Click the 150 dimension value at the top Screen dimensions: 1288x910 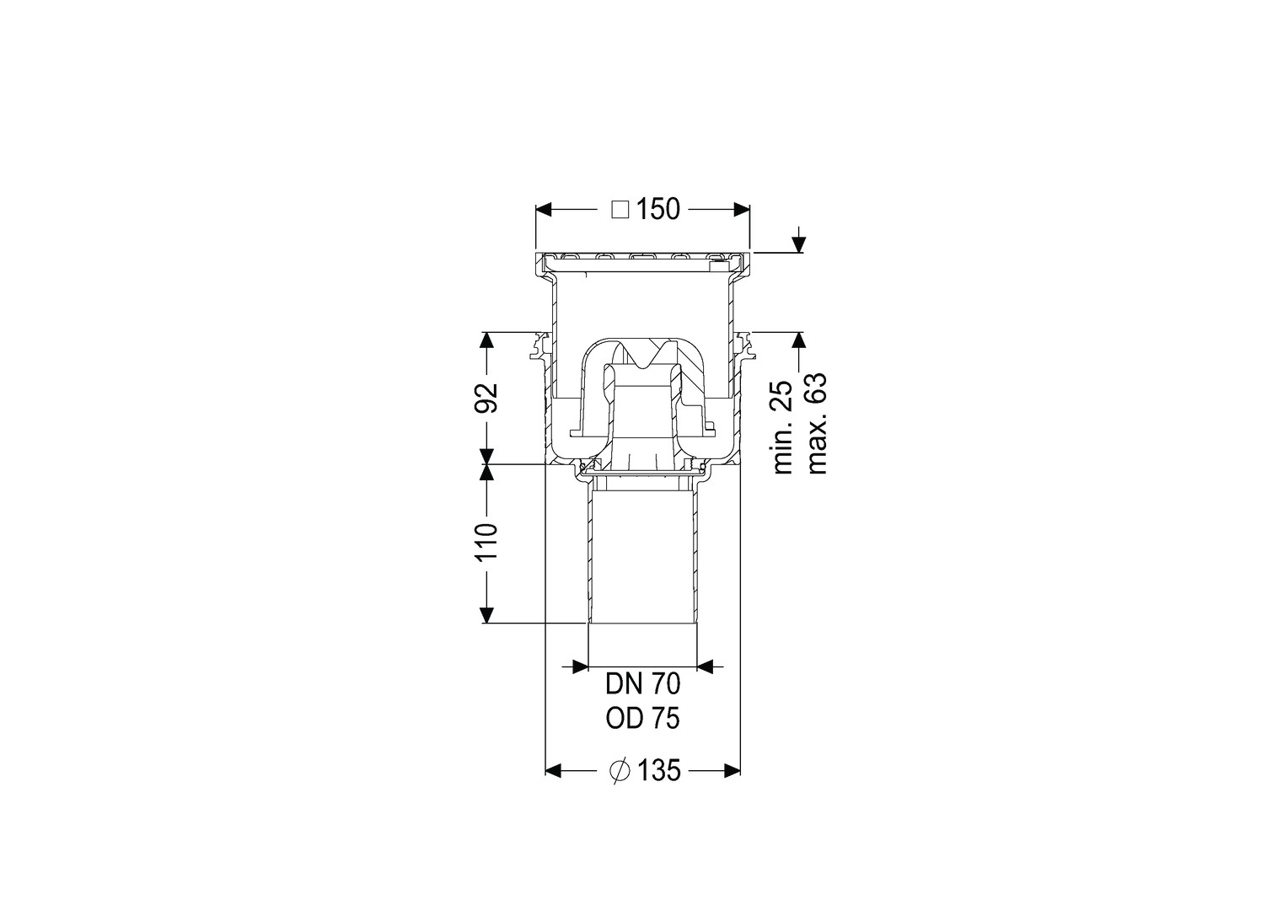657,209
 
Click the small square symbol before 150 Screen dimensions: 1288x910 620,209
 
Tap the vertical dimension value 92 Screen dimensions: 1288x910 486,397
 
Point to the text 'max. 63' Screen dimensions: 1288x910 817,423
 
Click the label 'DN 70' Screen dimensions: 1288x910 642,684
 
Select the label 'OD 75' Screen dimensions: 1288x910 642,719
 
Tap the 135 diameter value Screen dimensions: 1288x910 659,770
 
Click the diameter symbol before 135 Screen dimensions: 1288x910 620,770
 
